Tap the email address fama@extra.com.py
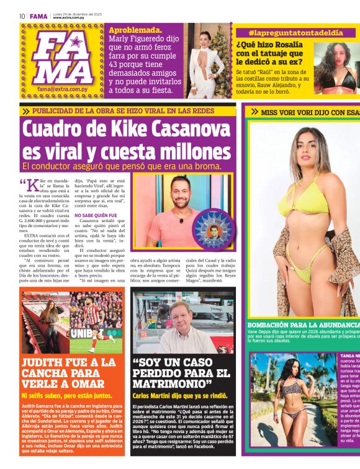pos(61,89)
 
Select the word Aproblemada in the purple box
pos(135,30)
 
